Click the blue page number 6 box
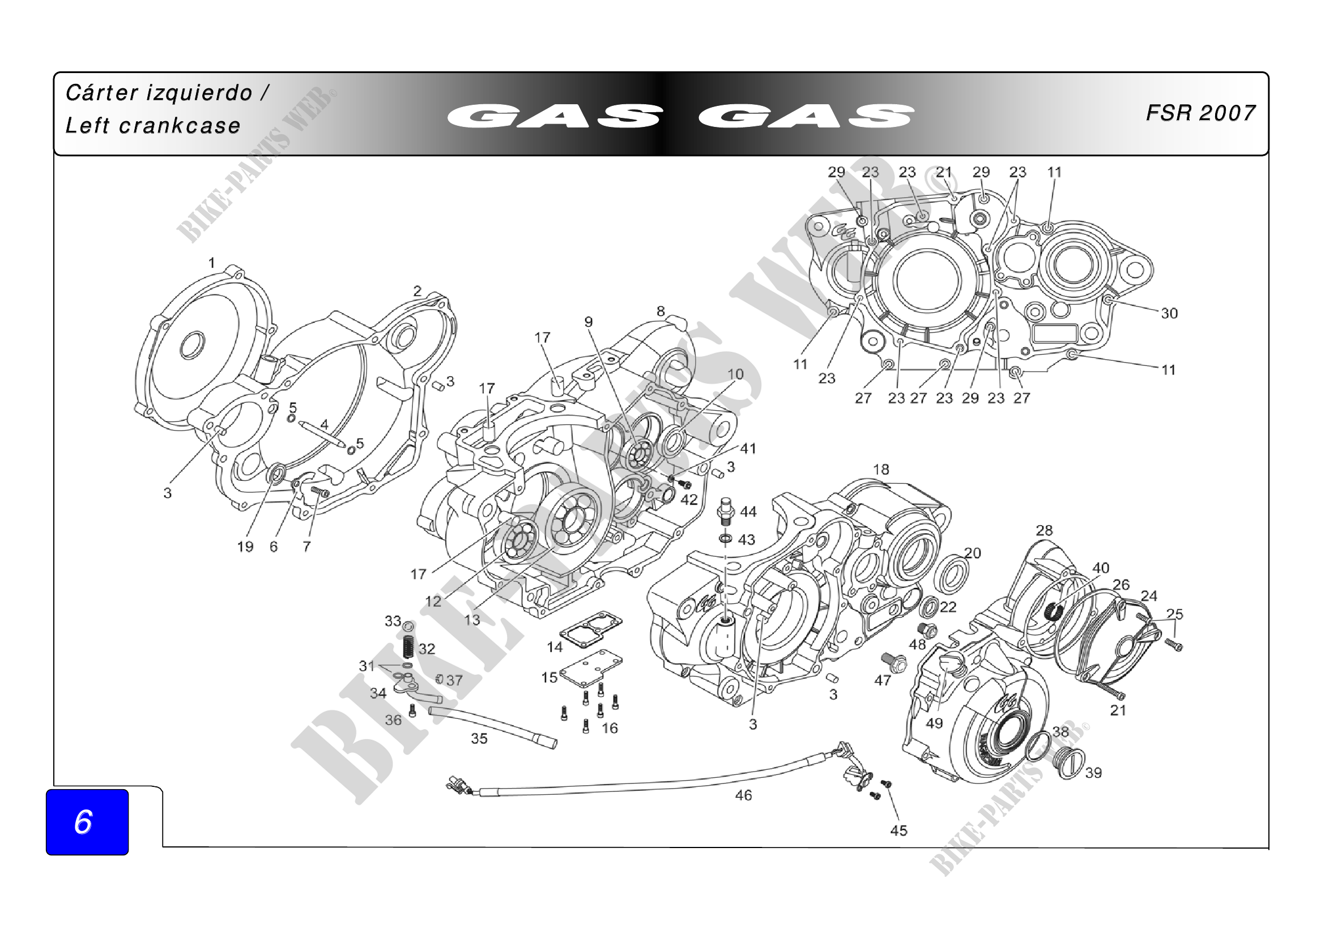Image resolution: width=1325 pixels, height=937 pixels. click(87, 821)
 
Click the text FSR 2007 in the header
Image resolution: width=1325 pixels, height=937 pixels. click(1200, 113)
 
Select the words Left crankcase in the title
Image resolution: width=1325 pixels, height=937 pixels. click(153, 126)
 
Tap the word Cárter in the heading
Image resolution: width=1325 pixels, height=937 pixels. click(101, 92)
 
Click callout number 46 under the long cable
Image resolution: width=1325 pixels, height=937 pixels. click(743, 795)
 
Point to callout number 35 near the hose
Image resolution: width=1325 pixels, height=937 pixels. click(479, 739)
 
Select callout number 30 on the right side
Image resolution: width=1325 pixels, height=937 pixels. click(1169, 313)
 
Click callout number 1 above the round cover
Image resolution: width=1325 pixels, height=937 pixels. click(212, 263)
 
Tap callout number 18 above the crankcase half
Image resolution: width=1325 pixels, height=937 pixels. click(881, 470)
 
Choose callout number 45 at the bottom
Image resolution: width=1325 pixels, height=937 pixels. click(898, 830)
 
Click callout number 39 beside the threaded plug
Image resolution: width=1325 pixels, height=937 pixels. click(1093, 773)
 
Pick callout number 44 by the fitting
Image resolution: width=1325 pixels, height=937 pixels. click(748, 512)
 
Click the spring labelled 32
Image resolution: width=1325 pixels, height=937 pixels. click(408, 646)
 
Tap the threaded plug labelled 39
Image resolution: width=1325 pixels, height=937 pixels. click(1071, 763)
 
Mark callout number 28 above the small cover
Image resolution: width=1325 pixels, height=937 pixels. click(1045, 530)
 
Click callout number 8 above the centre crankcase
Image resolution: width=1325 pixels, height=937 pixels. click(661, 312)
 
